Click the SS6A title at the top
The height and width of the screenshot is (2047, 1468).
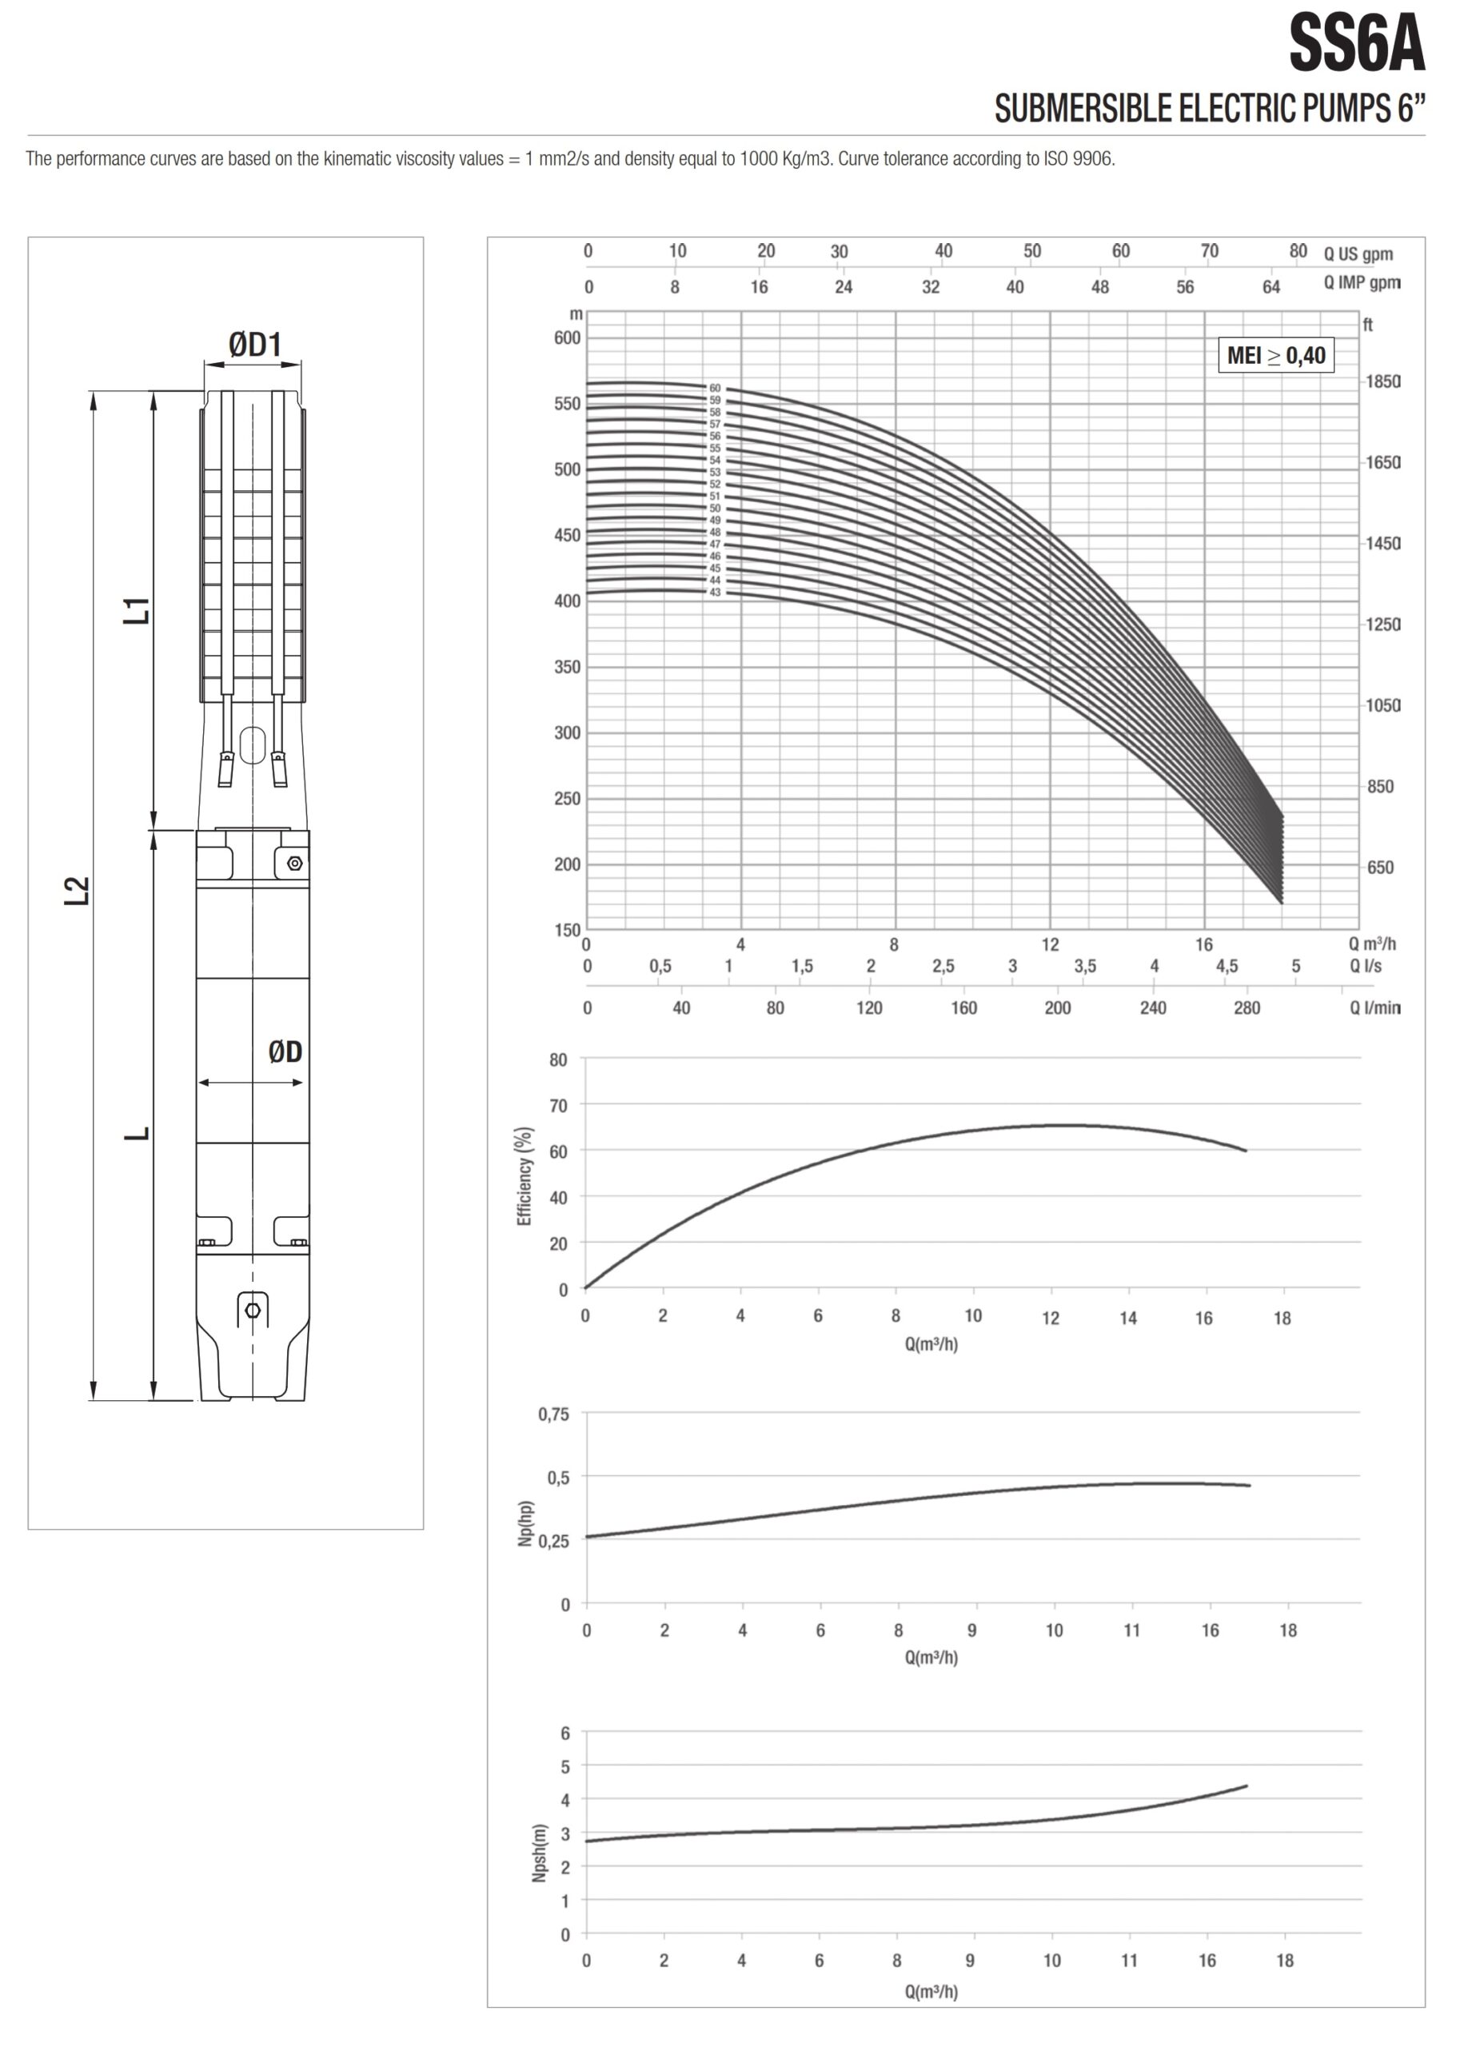1356,43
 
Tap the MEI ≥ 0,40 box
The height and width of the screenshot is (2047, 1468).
1276,355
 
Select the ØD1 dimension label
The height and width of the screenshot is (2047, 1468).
254,344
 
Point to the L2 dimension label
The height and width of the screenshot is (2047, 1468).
78,890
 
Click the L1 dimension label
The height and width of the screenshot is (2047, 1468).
138,610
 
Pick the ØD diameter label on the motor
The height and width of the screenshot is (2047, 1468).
285,1051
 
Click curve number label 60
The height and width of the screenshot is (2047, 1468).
715,388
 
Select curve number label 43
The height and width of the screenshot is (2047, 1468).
715,592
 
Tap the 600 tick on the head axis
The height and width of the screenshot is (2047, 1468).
568,337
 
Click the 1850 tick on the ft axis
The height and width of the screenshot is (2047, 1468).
1382,381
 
